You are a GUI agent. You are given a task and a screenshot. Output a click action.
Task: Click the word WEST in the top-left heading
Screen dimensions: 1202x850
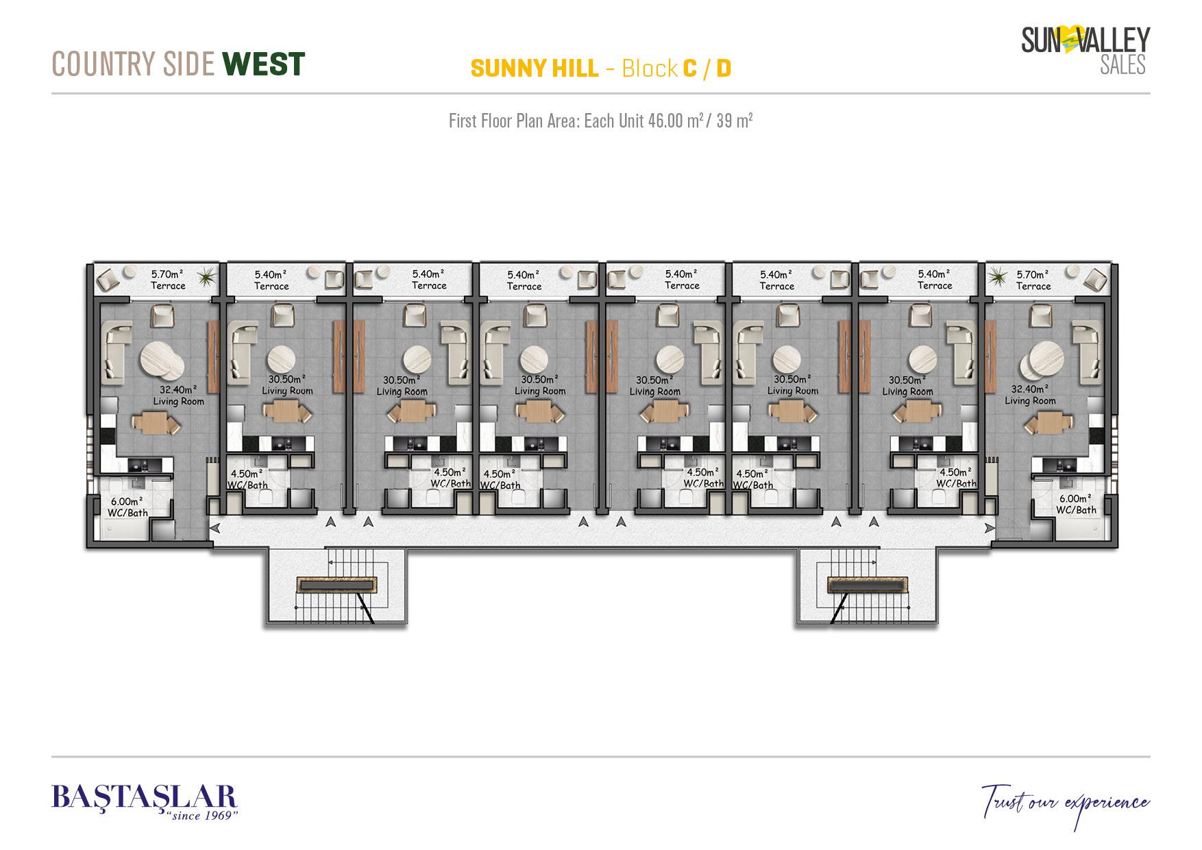(x=264, y=64)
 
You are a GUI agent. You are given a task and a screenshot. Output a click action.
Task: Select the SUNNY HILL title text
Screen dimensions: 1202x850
(x=535, y=69)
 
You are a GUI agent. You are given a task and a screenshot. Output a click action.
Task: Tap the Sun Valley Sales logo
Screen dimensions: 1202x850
(x=1086, y=50)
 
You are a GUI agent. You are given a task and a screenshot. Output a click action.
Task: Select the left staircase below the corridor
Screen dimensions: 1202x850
(x=336, y=586)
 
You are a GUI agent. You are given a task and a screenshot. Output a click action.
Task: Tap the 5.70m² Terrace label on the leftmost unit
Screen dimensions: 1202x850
(x=168, y=280)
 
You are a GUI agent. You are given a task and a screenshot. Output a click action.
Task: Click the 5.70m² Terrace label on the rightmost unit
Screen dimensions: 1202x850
(x=1033, y=280)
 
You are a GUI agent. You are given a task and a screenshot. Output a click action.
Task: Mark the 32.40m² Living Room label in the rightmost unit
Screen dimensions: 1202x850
(x=1030, y=395)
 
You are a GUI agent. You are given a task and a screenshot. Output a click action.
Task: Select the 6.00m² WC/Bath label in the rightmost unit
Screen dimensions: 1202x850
(x=1076, y=504)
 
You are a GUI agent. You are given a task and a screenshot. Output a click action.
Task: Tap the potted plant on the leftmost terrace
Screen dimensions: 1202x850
(x=205, y=277)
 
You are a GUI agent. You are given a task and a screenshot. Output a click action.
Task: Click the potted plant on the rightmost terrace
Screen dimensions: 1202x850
(x=996, y=277)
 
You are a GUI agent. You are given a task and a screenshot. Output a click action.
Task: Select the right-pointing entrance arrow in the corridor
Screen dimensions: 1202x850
(x=989, y=527)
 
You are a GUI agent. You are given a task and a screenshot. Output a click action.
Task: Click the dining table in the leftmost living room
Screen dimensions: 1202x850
(x=155, y=422)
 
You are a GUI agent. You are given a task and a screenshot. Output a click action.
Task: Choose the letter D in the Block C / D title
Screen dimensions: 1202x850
(x=723, y=69)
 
